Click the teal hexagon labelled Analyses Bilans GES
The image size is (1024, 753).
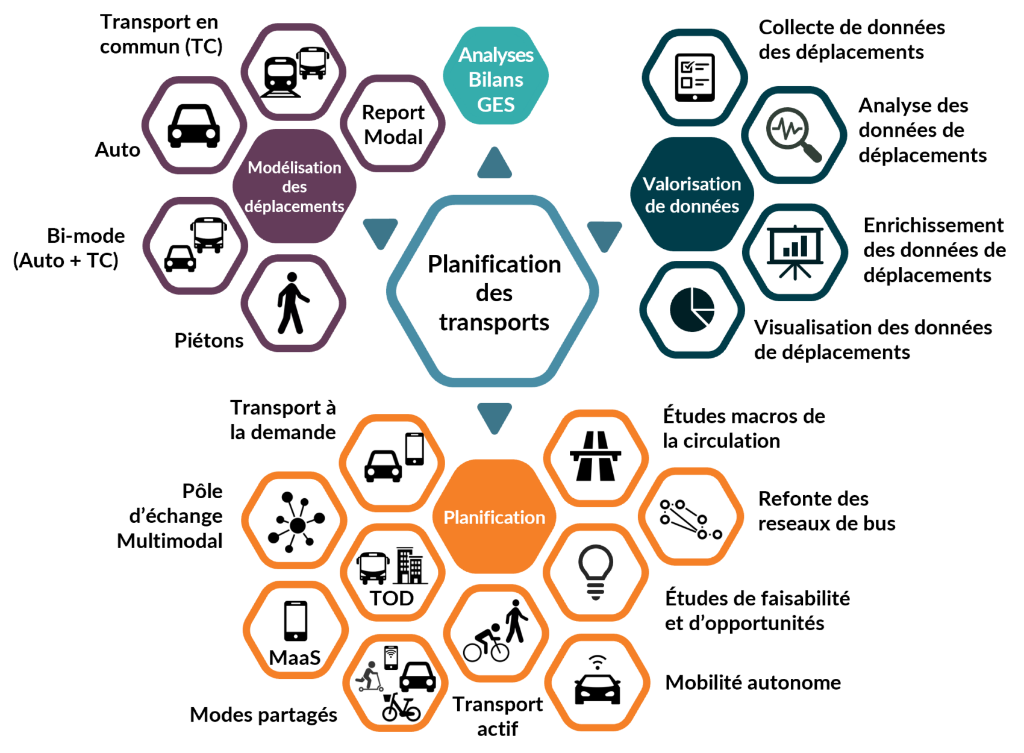[496, 75]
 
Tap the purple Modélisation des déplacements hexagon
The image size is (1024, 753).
[295, 186]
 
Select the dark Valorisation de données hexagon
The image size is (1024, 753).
[692, 195]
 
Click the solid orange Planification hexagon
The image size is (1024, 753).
[494, 517]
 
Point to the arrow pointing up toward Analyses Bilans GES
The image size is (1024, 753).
[495, 163]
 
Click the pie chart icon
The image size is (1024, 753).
[692, 310]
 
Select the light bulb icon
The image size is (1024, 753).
[595, 572]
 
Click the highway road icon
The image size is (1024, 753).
[595, 456]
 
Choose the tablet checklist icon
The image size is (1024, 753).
[695, 77]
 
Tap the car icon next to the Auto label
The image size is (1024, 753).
[194, 126]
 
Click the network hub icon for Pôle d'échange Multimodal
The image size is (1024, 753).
[296, 522]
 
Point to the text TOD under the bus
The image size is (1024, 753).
[392, 598]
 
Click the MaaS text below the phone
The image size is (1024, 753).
[295, 658]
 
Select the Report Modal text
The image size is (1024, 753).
[393, 124]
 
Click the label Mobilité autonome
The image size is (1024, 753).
[753, 683]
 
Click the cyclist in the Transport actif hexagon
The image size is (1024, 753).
[486, 643]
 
